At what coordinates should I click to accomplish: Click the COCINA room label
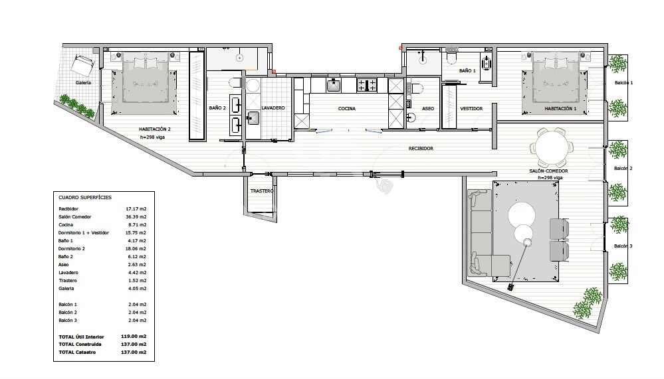tap(347, 109)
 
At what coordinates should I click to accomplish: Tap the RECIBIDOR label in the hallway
tap(421, 149)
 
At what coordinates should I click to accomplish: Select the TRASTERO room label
tap(262, 190)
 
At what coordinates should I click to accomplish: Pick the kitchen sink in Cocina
tap(334, 85)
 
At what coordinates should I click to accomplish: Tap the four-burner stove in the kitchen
tap(367, 85)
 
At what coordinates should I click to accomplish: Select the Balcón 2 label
tap(623, 169)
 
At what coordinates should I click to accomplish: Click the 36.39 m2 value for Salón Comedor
tap(136, 216)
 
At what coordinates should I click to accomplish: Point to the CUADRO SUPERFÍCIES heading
tap(85, 198)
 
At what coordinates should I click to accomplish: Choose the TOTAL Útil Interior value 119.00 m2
tap(134, 337)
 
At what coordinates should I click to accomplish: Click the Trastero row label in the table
tap(68, 281)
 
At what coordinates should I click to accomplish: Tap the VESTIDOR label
tap(471, 109)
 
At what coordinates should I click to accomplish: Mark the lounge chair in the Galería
tap(83, 65)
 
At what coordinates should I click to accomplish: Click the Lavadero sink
tap(253, 117)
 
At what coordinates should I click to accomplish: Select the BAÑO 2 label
tap(217, 108)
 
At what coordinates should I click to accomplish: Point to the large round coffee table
tap(521, 215)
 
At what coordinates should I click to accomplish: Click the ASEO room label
tap(427, 109)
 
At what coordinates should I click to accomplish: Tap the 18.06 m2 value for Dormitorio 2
tap(136, 249)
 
